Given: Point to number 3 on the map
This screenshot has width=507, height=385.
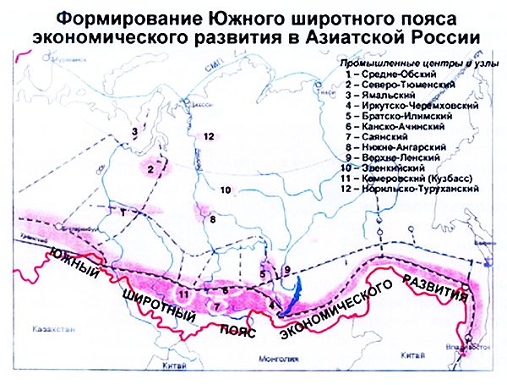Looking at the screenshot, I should point(134,131).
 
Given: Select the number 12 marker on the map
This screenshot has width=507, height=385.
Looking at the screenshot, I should point(206,135).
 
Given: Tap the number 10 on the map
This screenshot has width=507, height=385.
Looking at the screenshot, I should point(225,190).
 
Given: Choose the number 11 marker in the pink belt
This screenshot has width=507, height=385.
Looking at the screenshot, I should point(183,294).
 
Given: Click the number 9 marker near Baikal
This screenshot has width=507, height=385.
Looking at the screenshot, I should point(286,270).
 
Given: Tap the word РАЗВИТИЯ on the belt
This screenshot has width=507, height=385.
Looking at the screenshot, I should point(433,289).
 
